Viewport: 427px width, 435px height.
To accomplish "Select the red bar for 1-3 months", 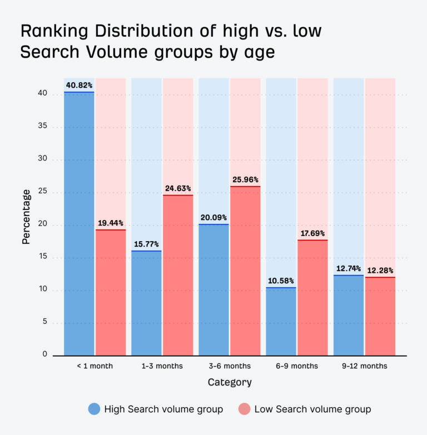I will coord(178,275).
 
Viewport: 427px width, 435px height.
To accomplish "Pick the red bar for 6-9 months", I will coord(312,297).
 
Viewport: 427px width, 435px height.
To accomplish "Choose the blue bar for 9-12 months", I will coord(348,315).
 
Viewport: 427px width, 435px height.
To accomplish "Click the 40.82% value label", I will coord(79,85).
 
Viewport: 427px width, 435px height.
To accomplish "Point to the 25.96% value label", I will coord(245,180).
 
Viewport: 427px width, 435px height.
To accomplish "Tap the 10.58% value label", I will coord(281,281).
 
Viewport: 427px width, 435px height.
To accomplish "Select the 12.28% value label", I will coord(380,270).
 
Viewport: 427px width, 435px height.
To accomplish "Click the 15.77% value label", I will coord(146,243).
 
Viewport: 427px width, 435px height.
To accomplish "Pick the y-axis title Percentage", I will coord(26,217).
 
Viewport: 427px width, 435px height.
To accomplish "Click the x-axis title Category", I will coord(230,383).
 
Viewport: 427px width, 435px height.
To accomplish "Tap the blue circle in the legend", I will coord(95,409).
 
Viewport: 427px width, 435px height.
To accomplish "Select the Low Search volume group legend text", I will coord(312,409).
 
